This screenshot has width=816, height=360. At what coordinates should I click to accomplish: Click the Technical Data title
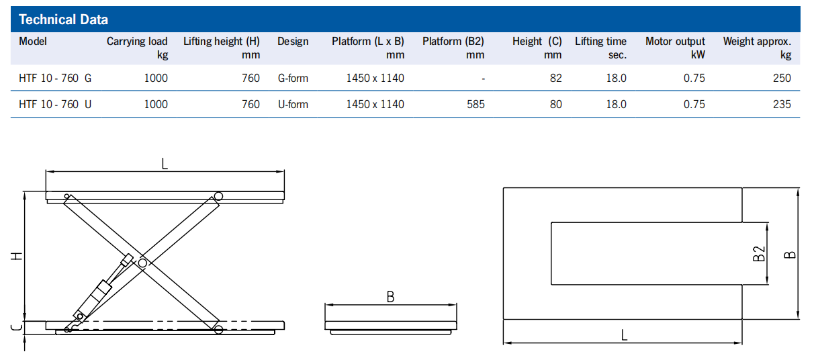(x=63, y=19)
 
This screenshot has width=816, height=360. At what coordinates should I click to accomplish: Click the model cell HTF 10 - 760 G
(x=55, y=78)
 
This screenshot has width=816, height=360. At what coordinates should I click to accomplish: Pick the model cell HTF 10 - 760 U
(x=55, y=104)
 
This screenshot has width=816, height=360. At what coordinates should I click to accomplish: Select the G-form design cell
(x=293, y=78)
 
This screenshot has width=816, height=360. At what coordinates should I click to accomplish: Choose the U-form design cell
(x=293, y=104)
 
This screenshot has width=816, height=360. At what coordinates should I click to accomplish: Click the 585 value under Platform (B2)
(x=475, y=104)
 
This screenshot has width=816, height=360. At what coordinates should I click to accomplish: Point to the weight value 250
(x=782, y=78)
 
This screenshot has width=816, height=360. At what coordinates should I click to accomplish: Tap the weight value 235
(x=782, y=104)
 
